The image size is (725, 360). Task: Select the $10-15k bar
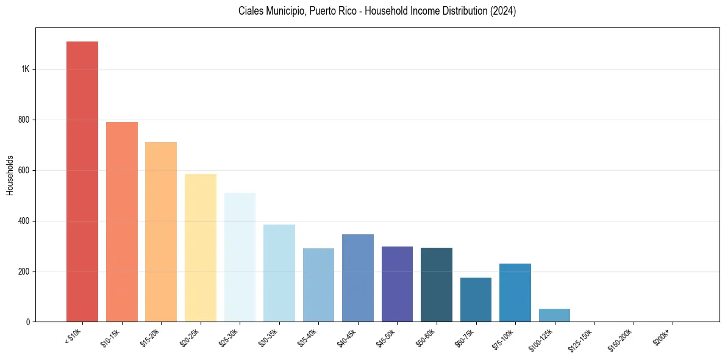(x=122, y=222)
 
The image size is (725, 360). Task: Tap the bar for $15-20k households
(x=161, y=232)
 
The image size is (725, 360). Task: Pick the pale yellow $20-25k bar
(x=201, y=248)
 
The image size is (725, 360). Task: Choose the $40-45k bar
(x=358, y=278)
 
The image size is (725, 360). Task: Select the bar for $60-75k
(x=476, y=300)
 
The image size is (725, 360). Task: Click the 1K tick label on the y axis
(x=26, y=70)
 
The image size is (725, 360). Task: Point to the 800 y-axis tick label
(x=24, y=120)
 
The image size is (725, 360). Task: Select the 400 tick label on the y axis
(x=24, y=221)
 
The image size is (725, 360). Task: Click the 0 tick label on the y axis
(x=28, y=322)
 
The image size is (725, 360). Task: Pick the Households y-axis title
(x=10, y=175)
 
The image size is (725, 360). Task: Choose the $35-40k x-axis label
(x=307, y=338)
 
